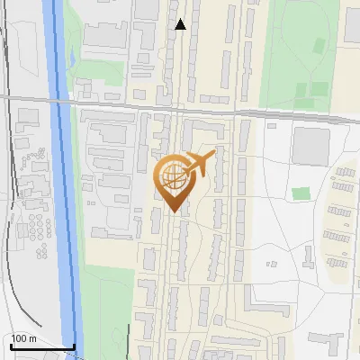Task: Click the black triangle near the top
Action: (181, 24)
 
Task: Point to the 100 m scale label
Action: (23, 338)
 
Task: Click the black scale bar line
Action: (42, 347)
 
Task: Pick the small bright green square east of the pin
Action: (301, 193)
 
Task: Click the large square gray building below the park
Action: (310, 145)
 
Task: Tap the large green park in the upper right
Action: (301, 54)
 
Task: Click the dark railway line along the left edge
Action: (8, 180)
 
